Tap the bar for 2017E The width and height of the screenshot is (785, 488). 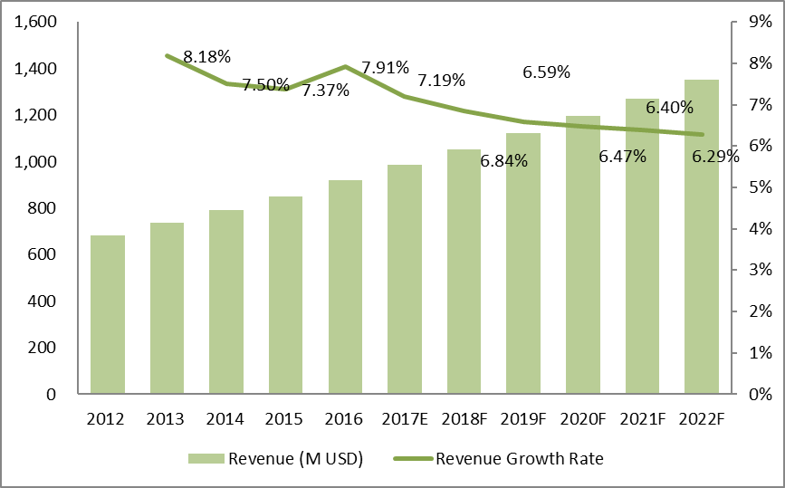pyautogui.click(x=405, y=280)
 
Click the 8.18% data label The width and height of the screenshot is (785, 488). pyautogui.click(x=206, y=57)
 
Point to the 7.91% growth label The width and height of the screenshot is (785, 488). pyautogui.click(x=385, y=67)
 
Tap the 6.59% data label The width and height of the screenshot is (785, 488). pyautogui.click(x=546, y=72)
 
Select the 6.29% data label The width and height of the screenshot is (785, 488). pyautogui.click(x=715, y=156)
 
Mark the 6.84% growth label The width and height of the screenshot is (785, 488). pyautogui.click(x=504, y=161)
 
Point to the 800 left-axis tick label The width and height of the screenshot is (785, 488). pyautogui.click(x=42, y=208)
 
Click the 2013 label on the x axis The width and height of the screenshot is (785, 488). pyautogui.click(x=167, y=419)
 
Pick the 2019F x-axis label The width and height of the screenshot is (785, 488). pyautogui.click(x=523, y=419)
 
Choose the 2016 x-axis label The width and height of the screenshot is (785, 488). pyautogui.click(x=345, y=419)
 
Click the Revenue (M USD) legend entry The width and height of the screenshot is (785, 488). pyautogui.click(x=275, y=459)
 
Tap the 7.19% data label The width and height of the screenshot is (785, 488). pyautogui.click(x=441, y=80)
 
